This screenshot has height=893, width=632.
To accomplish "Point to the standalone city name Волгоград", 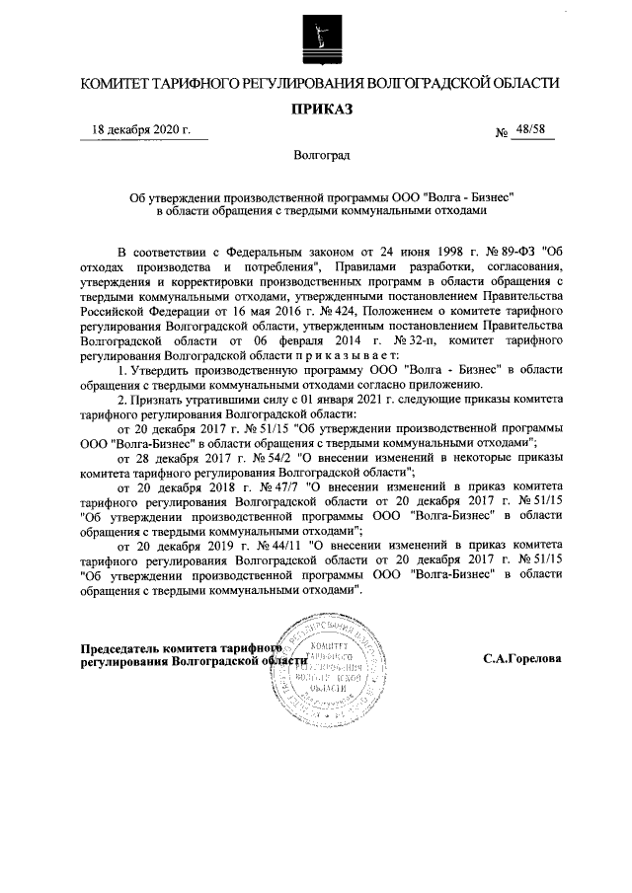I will [x=316, y=155].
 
